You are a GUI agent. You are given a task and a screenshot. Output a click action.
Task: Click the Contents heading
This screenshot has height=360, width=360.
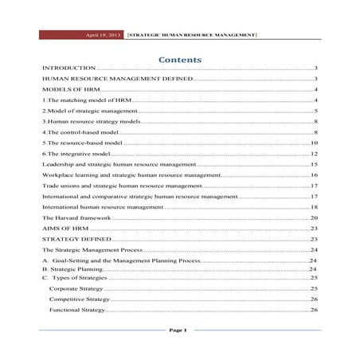point(179,60)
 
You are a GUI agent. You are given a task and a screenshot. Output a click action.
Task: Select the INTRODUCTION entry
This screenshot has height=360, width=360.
point(68,70)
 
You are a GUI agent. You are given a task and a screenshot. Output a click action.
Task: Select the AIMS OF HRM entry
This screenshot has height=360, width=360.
point(65,229)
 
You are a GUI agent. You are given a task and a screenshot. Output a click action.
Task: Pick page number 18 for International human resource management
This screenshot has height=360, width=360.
point(315,206)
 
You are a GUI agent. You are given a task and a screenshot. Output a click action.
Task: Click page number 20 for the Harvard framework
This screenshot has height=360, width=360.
point(315,217)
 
